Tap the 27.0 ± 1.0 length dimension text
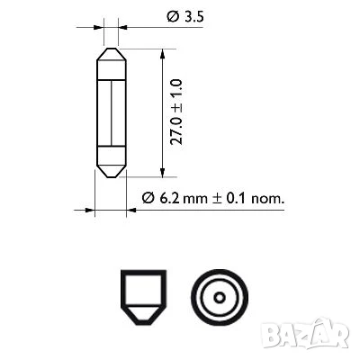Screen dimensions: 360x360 click(176, 112)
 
